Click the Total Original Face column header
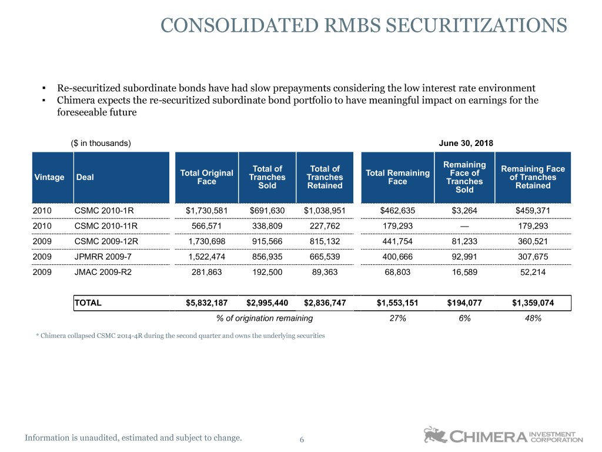(206, 177)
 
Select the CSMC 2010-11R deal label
(106, 226)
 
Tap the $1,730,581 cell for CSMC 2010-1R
(206, 211)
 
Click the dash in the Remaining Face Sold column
(464, 226)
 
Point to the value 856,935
(267, 257)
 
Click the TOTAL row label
(88, 303)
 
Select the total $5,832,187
(206, 303)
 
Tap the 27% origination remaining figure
(398, 318)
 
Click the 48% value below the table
(533, 318)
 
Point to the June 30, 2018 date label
(466, 144)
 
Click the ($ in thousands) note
(101, 144)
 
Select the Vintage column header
(49, 177)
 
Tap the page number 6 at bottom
(302, 440)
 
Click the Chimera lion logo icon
(435, 435)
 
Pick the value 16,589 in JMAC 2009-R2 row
(464, 272)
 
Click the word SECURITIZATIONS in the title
(476, 25)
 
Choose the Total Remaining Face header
(398, 177)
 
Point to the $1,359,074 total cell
(533, 303)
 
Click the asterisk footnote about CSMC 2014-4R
(180, 335)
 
